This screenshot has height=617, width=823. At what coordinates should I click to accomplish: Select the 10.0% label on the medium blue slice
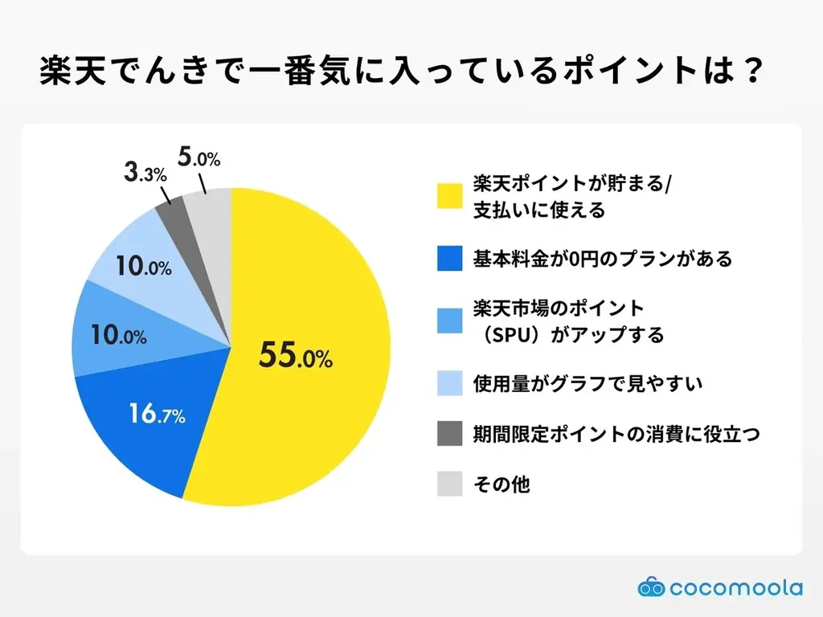tap(117, 335)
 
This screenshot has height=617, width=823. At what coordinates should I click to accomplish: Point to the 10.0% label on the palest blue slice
tap(142, 267)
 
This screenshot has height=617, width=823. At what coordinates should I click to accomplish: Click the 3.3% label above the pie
tap(145, 173)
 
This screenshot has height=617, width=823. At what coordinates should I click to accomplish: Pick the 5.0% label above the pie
tap(199, 157)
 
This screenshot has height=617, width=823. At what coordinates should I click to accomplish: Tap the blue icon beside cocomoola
tap(652, 587)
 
